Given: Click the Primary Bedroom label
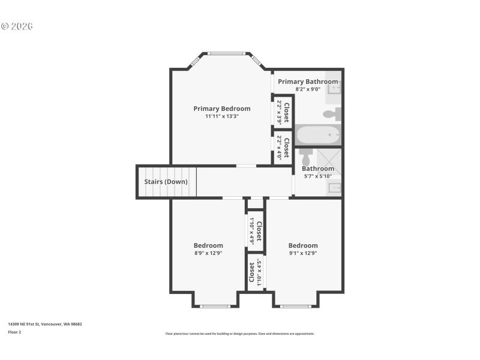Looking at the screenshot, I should point(221,109).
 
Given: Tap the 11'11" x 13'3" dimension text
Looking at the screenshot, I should point(221,116).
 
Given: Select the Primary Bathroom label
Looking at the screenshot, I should point(308,82).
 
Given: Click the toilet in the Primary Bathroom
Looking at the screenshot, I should point(332,113).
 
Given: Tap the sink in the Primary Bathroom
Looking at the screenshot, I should point(335,89).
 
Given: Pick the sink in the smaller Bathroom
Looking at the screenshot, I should point(335,188).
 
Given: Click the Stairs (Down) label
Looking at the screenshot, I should point(166,182).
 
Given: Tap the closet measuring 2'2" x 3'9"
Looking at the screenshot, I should point(283,112).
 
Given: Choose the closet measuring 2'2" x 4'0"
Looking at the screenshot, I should point(283,148).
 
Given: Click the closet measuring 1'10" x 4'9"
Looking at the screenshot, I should point(256,231).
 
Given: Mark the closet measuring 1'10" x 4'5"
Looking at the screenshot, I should point(256,272).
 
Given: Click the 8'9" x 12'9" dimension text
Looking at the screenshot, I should point(208,253).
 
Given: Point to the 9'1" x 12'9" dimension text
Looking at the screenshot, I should point(303,253).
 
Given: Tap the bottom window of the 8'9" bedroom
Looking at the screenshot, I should point(215,307).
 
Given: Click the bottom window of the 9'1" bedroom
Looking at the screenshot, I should point(295,307).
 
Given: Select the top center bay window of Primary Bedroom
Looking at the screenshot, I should point(226,53).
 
